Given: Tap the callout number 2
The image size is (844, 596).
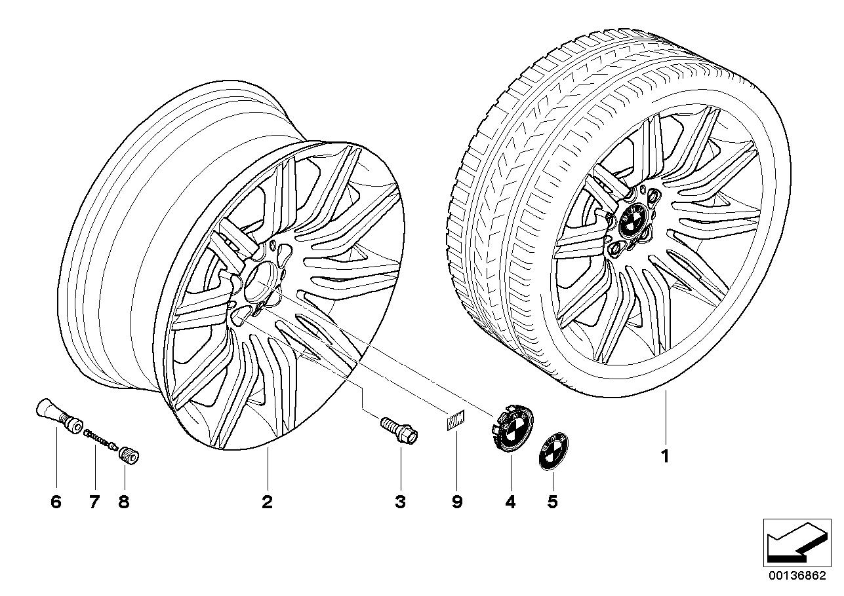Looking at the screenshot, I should (266, 502).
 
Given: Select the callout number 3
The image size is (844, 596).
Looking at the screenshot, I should (399, 502).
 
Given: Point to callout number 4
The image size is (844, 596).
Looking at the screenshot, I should (510, 502).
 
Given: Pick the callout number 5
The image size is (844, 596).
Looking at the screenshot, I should (552, 502).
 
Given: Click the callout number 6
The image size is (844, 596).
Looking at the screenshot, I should (55, 502).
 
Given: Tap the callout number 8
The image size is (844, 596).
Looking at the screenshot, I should (123, 502).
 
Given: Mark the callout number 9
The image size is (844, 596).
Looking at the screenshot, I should (456, 502).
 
